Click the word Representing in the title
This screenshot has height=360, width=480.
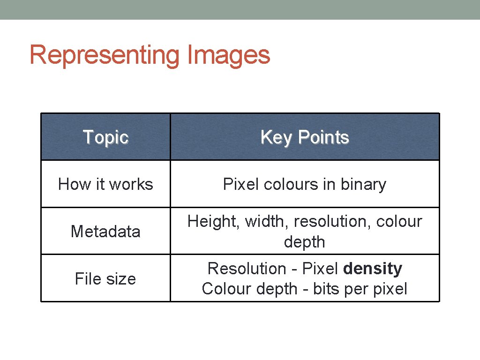pyautogui.click(x=104, y=56)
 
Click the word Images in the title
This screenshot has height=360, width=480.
pyautogui.click(x=228, y=55)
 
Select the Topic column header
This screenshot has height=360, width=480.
pyautogui.click(x=105, y=137)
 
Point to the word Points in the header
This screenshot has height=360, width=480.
pyautogui.click(x=323, y=137)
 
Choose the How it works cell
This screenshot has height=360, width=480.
pyautogui.click(x=105, y=184)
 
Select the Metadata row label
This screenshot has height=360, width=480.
pyautogui.click(x=105, y=232)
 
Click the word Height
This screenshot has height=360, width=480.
pyautogui.click(x=211, y=221)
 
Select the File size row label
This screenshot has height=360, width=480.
pyautogui.click(x=105, y=279)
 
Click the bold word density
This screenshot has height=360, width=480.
pyautogui.click(x=373, y=269)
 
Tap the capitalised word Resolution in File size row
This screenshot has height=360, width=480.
pyautogui.click(x=247, y=269)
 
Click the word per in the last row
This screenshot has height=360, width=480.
pyautogui.click(x=355, y=289)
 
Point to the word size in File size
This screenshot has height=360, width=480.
pyautogui.click(x=121, y=279)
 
